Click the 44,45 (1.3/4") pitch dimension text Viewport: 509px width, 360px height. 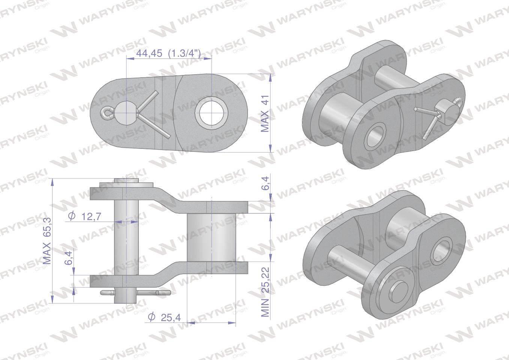168,54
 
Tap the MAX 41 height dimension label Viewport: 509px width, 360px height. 265,114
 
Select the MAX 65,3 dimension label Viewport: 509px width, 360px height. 47,241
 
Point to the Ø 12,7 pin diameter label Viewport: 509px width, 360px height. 84,216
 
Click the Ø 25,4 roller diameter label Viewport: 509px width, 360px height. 164,317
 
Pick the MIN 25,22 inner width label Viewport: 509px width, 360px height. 265,292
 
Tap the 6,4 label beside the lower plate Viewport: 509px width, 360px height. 68,258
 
